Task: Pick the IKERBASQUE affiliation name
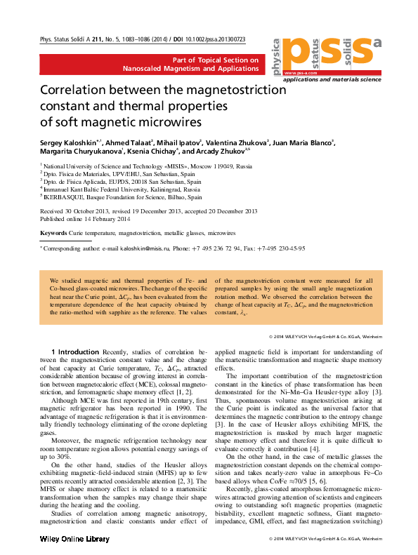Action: click(67, 198)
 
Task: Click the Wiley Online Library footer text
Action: click(74, 539)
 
